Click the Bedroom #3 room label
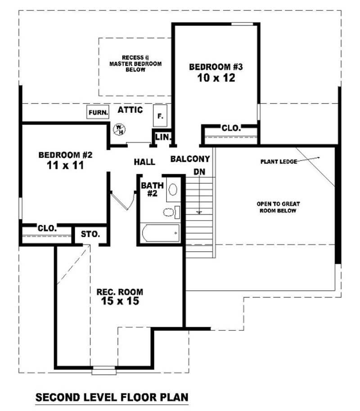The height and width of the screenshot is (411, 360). coord(216,67)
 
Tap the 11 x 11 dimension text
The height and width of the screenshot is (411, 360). coord(65,165)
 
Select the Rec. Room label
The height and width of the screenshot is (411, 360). coord(120,292)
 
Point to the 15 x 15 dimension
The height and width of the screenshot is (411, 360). coord(120,301)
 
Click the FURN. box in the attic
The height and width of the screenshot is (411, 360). coord(98,113)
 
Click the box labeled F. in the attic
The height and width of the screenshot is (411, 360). coord(160,116)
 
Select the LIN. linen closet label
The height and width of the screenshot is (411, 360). coord(162,137)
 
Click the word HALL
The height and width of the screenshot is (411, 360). coord(144,162)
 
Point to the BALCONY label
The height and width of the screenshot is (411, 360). coord(190,159)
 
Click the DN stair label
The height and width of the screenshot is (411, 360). coord(199,172)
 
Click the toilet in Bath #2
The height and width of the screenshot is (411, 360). coord(169,212)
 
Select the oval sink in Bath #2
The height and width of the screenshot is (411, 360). coord(173,189)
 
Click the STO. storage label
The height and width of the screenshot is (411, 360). coord(90,234)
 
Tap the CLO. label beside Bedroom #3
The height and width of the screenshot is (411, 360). coord(231,128)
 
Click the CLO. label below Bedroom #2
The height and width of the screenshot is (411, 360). coord(47,228)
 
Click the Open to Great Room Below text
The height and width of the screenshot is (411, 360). coord(278,207)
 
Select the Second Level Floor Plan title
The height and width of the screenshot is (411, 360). coord(112,397)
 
